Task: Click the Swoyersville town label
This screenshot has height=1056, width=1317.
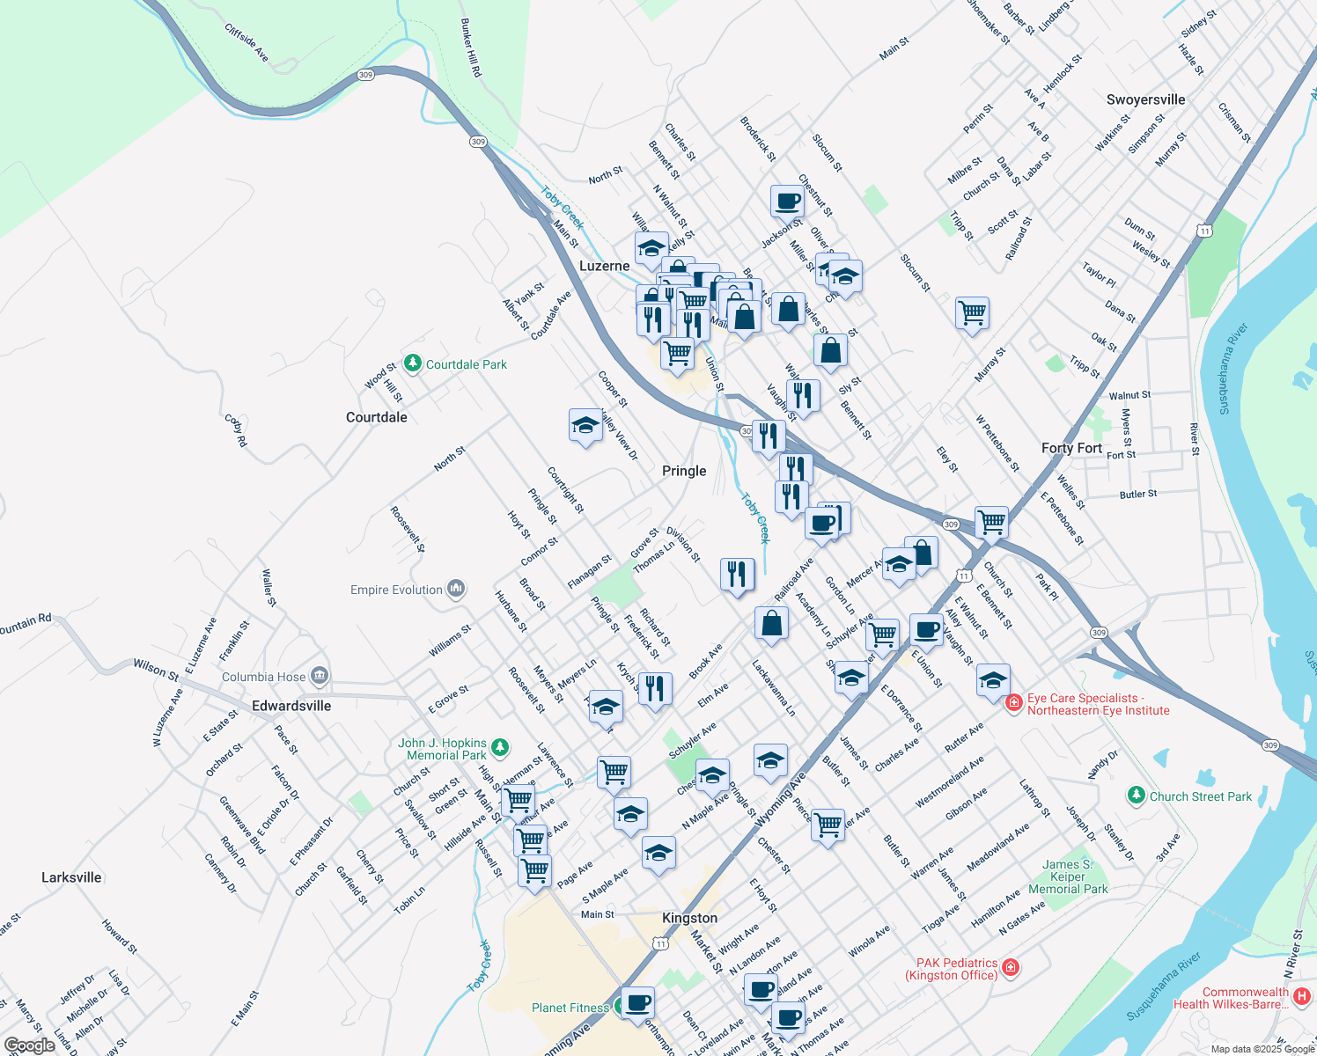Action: point(1145,99)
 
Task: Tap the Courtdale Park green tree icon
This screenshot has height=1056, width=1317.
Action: point(412,363)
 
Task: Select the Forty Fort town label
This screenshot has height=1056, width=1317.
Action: point(1071,448)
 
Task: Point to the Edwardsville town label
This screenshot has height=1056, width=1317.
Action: point(291,706)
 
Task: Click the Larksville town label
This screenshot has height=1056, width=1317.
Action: point(71,877)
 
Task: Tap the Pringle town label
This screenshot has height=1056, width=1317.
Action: point(684,471)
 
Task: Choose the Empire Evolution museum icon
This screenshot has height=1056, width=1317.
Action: point(456,589)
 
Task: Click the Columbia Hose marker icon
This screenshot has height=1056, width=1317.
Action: point(320,676)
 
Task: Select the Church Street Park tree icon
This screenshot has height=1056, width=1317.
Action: point(1137,796)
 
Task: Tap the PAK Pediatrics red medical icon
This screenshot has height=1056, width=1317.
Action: point(1011,969)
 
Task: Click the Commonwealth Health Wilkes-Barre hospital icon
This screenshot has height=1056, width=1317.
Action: point(1302,997)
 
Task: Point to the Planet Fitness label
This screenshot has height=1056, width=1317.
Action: point(570,1008)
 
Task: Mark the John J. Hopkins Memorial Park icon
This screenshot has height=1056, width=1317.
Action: point(500,748)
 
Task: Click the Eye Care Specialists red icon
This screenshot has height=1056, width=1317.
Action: point(1013,702)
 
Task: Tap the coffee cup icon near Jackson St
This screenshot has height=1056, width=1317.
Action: point(786,202)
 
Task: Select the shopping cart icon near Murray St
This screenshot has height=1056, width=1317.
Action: point(972,312)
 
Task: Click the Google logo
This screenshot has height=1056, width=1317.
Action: point(29,1045)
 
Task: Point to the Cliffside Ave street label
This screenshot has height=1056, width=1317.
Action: point(246,42)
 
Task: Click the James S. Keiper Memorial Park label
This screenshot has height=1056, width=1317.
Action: point(1068,876)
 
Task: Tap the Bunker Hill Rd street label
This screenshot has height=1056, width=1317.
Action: point(471,48)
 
